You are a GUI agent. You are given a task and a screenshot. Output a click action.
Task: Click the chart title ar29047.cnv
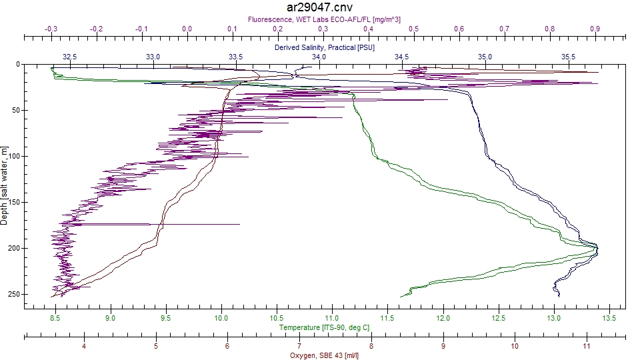tap(319, 7)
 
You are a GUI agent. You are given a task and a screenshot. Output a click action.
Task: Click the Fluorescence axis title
tap(324, 19)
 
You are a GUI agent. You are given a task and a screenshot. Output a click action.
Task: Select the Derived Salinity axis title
tap(324, 47)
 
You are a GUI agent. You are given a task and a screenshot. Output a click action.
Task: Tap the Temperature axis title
tap(324, 327)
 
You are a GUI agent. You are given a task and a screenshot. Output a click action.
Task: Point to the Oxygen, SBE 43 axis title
tap(324, 355)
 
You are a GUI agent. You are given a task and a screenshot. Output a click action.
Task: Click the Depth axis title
tap(4, 186)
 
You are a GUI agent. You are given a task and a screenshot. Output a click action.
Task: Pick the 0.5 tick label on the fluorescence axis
tap(414, 29)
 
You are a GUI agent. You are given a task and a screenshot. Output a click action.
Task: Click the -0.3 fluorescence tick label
tap(51, 29)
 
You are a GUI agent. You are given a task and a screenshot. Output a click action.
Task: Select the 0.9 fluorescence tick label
tap(595, 29)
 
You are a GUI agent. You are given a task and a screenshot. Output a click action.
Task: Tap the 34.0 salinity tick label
tap(319, 57)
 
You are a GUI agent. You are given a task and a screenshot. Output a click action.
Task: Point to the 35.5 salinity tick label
tap(568, 57)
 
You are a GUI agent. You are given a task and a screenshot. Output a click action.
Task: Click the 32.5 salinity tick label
tap(69, 57)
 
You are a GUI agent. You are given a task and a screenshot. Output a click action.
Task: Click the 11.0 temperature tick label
tap(332, 318)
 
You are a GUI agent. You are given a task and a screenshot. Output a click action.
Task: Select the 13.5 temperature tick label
tap(609, 318)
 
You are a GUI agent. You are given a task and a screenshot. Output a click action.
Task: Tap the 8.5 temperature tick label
tap(55, 318)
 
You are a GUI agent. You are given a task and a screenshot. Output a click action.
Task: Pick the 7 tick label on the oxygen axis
tap(299, 346)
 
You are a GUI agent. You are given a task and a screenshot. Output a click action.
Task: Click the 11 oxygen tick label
tap(587, 346)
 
